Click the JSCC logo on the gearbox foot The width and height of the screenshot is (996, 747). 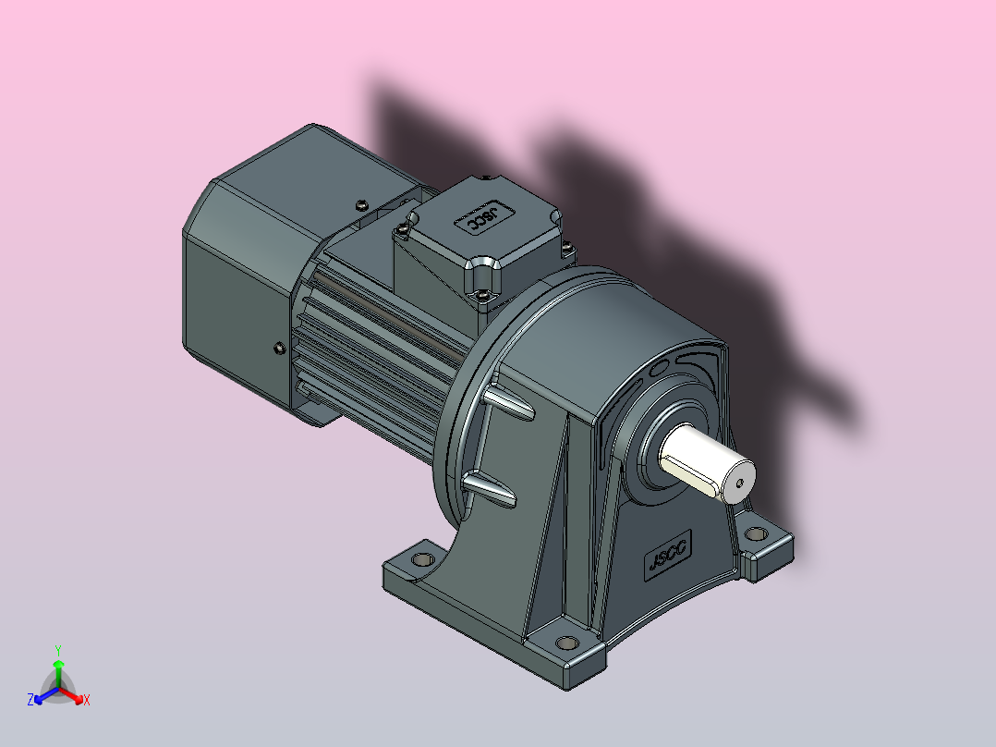tap(668, 555)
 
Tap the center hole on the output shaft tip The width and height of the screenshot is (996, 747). tap(739, 484)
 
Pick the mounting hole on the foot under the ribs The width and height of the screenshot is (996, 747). tap(422, 559)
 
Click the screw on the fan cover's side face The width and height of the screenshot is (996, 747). tap(279, 348)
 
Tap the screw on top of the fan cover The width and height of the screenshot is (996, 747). tap(361, 204)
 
